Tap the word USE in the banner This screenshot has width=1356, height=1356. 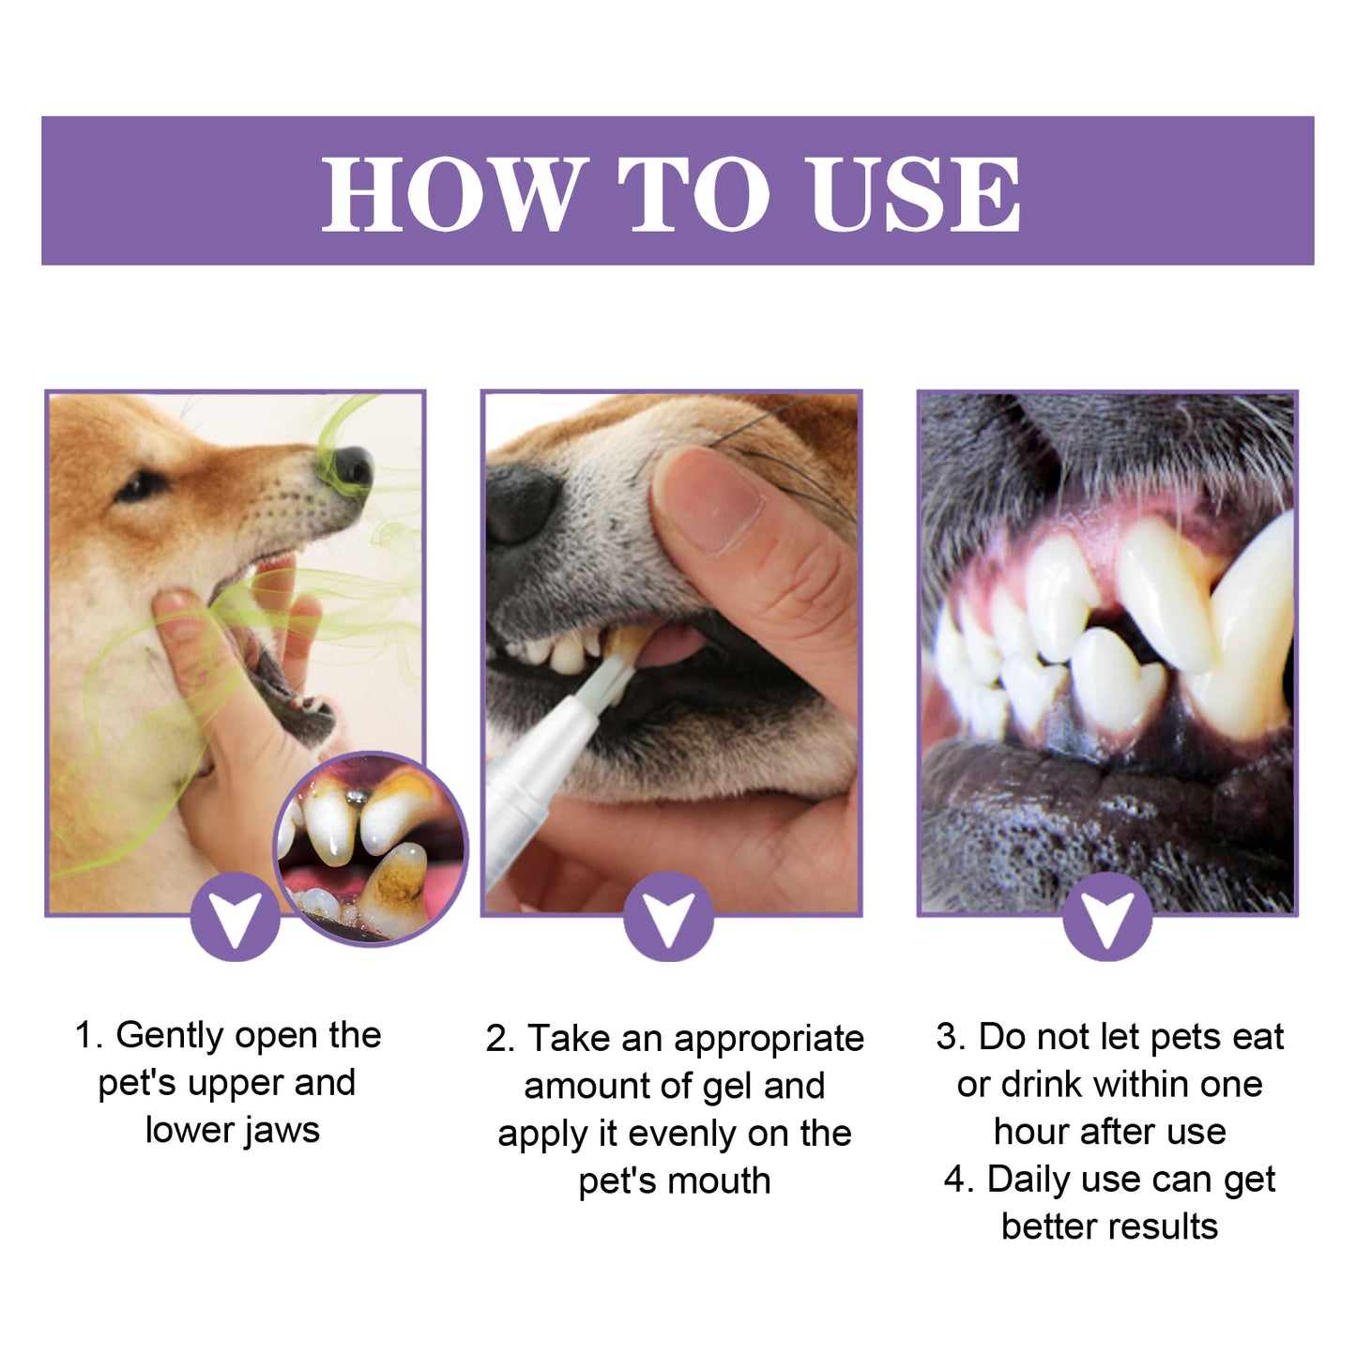[915, 193]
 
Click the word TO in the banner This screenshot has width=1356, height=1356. [693, 193]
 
